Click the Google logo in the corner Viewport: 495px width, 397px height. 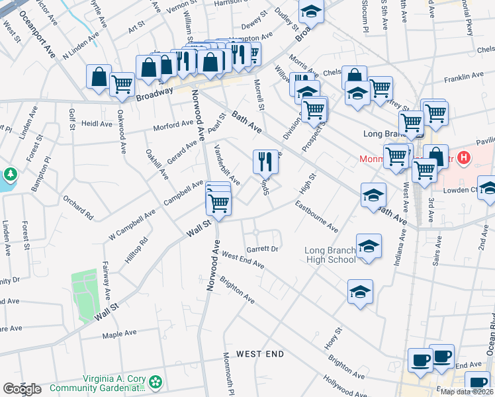pyautogui.click(x=22, y=389)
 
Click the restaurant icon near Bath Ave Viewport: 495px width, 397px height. pyautogui.click(x=263, y=161)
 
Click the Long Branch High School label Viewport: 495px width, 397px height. pyautogui.click(x=330, y=255)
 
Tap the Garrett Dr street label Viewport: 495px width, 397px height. pyautogui.click(x=261, y=249)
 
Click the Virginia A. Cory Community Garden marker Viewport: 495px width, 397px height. pyautogui.click(x=156, y=382)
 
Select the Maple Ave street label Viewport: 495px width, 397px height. pyautogui.click(x=119, y=334)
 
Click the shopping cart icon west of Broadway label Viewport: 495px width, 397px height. pyautogui.click(x=122, y=85)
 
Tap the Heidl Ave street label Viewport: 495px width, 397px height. pyautogui.click(x=98, y=124)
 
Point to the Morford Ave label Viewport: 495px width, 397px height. pyautogui.click(x=173, y=124)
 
